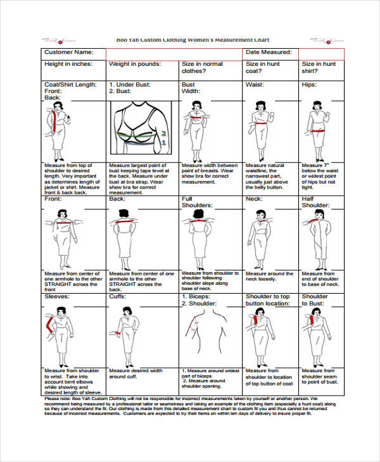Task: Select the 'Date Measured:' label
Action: [269, 53]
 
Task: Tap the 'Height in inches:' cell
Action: [68, 64]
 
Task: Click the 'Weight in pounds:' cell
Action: [134, 64]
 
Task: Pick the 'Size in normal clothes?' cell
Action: [203, 68]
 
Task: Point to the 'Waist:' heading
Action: [255, 84]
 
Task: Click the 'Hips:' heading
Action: [309, 84]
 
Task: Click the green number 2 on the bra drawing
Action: [163, 134]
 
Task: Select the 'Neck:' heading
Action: [254, 199]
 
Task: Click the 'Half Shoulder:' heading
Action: [315, 202]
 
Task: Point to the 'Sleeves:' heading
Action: [57, 296]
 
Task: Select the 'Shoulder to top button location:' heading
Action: [268, 299]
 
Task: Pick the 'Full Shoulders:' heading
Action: [196, 202]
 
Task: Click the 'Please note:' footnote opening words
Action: [58, 399]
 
